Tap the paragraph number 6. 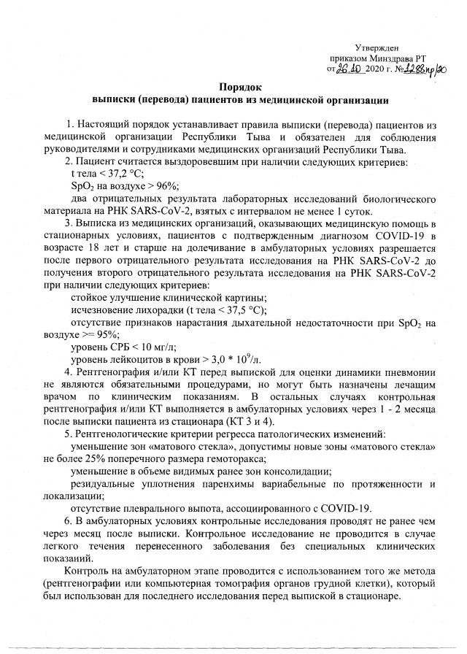pos(69,521)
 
